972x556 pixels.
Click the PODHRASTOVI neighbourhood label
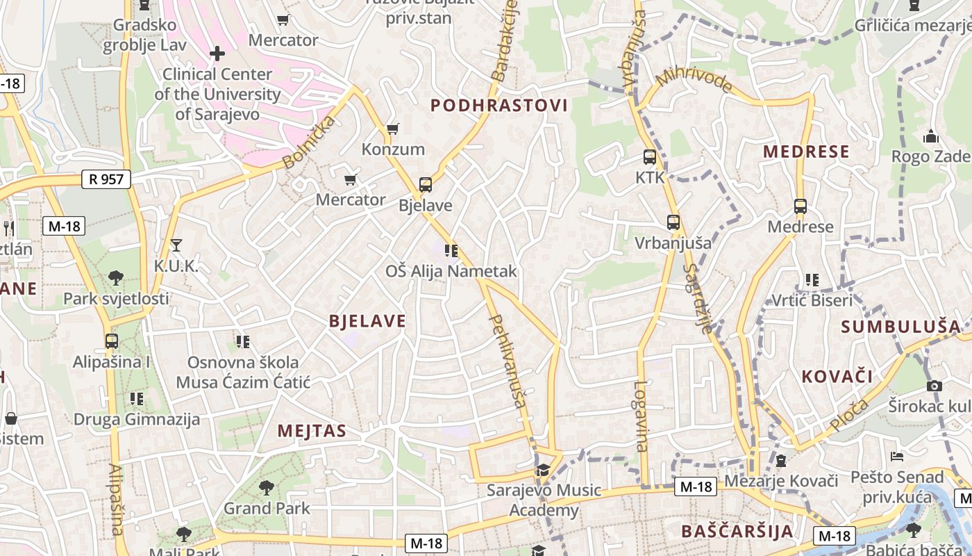499,106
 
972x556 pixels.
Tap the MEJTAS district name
312,431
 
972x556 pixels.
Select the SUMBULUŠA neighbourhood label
901,327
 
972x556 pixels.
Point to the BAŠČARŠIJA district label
737,532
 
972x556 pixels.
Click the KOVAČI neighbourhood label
837,377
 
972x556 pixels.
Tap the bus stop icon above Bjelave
426,185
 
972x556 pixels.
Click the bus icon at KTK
650,157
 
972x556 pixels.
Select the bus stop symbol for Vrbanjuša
673,222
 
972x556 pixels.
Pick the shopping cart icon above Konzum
392,129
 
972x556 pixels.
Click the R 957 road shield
106,179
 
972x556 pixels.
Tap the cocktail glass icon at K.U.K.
176,245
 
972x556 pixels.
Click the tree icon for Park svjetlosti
116,278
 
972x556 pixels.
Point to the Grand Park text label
267,508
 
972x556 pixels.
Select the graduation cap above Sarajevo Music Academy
543,471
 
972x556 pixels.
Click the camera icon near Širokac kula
935,386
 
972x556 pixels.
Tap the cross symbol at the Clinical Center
217,53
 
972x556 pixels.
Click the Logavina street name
641,416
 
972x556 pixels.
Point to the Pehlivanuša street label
508,361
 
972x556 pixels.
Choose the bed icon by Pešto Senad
897,457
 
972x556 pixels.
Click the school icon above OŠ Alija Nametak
451,250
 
